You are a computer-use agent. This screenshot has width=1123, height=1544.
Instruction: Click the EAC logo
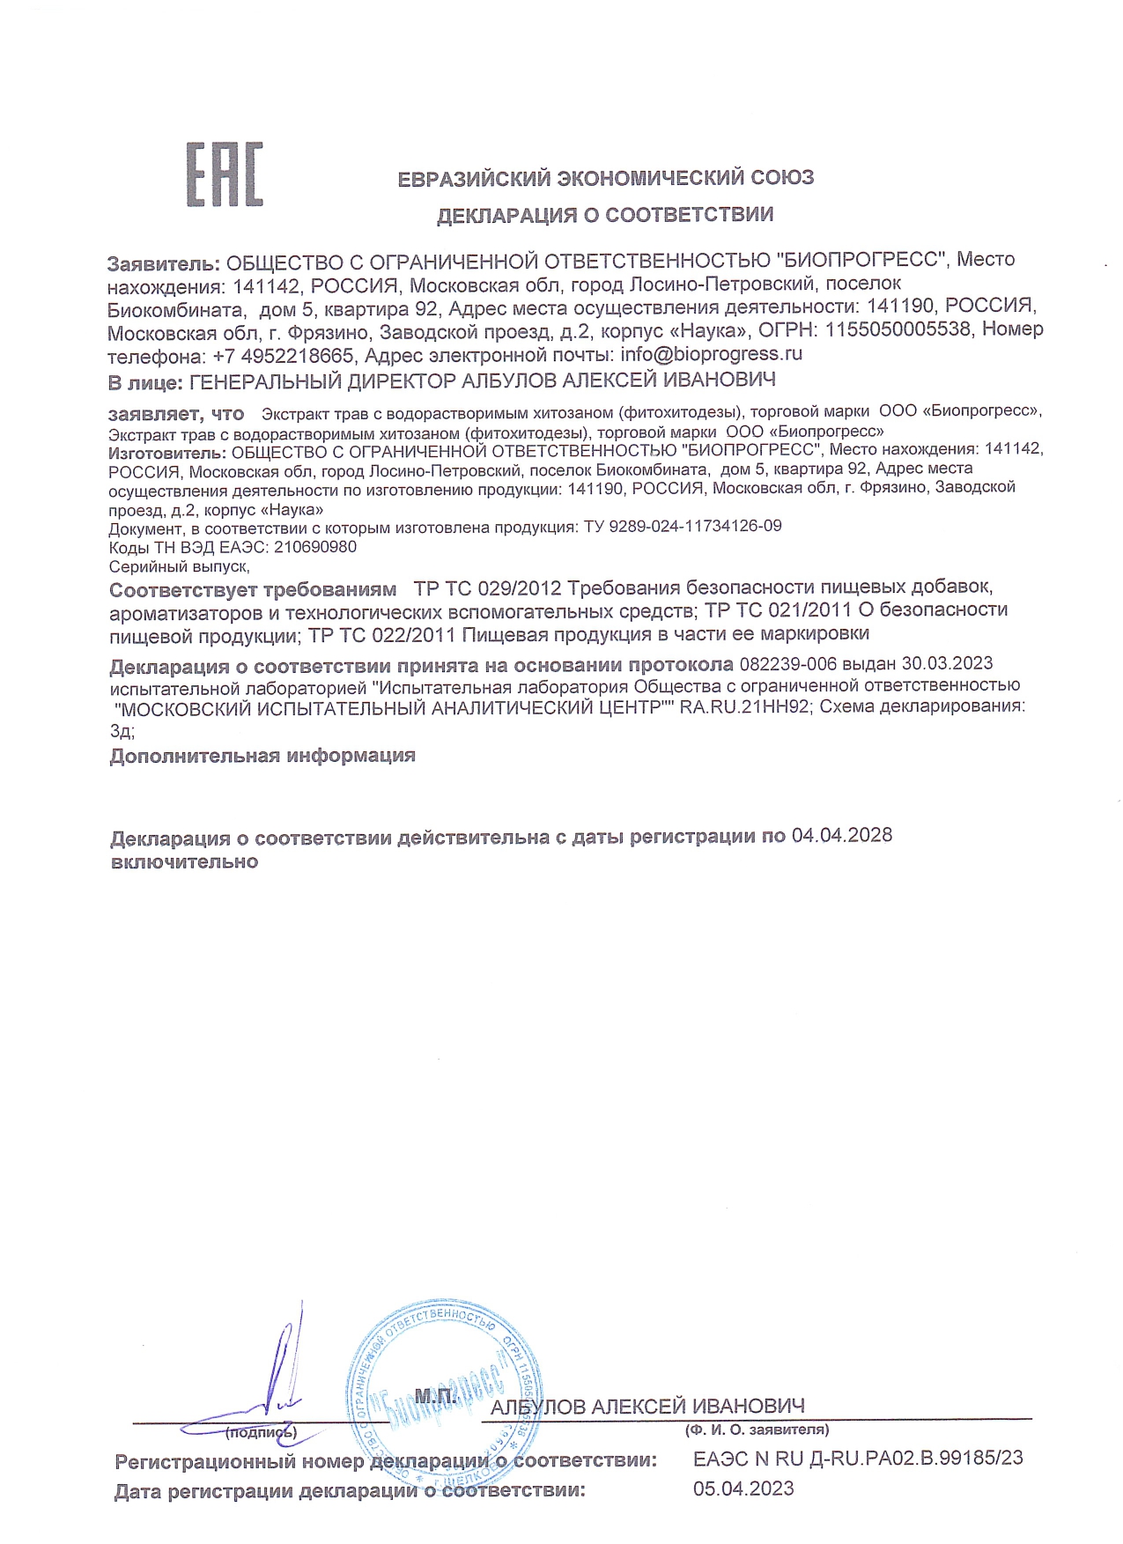(224, 175)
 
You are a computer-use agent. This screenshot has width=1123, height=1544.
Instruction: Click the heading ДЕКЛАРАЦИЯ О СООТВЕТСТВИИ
(605, 215)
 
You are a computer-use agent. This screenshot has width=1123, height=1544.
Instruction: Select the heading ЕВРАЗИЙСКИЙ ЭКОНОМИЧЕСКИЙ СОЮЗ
(605, 179)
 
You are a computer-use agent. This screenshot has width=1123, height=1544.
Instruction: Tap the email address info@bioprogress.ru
(711, 354)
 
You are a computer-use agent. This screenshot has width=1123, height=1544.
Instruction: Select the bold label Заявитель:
(163, 262)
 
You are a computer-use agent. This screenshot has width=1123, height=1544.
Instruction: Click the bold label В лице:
(145, 381)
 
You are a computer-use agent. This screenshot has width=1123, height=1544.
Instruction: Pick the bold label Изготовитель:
(167, 453)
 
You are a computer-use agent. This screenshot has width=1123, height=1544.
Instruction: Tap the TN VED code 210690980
(315, 547)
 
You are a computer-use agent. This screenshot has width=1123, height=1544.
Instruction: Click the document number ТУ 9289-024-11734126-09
(683, 527)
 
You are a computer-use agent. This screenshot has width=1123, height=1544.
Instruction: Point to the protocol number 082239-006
(787, 664)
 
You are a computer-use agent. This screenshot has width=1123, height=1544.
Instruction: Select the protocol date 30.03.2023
(946, 664)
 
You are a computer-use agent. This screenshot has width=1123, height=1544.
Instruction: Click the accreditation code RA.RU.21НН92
(744, 706)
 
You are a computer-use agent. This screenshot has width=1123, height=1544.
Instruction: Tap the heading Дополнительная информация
(262, 756)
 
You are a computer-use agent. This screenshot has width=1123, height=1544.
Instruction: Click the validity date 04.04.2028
(841, 836)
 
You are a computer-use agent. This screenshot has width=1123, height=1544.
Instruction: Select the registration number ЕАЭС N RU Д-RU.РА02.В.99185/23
(858, 1459)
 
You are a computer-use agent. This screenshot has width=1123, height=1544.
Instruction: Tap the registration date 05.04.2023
(743, 1489)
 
